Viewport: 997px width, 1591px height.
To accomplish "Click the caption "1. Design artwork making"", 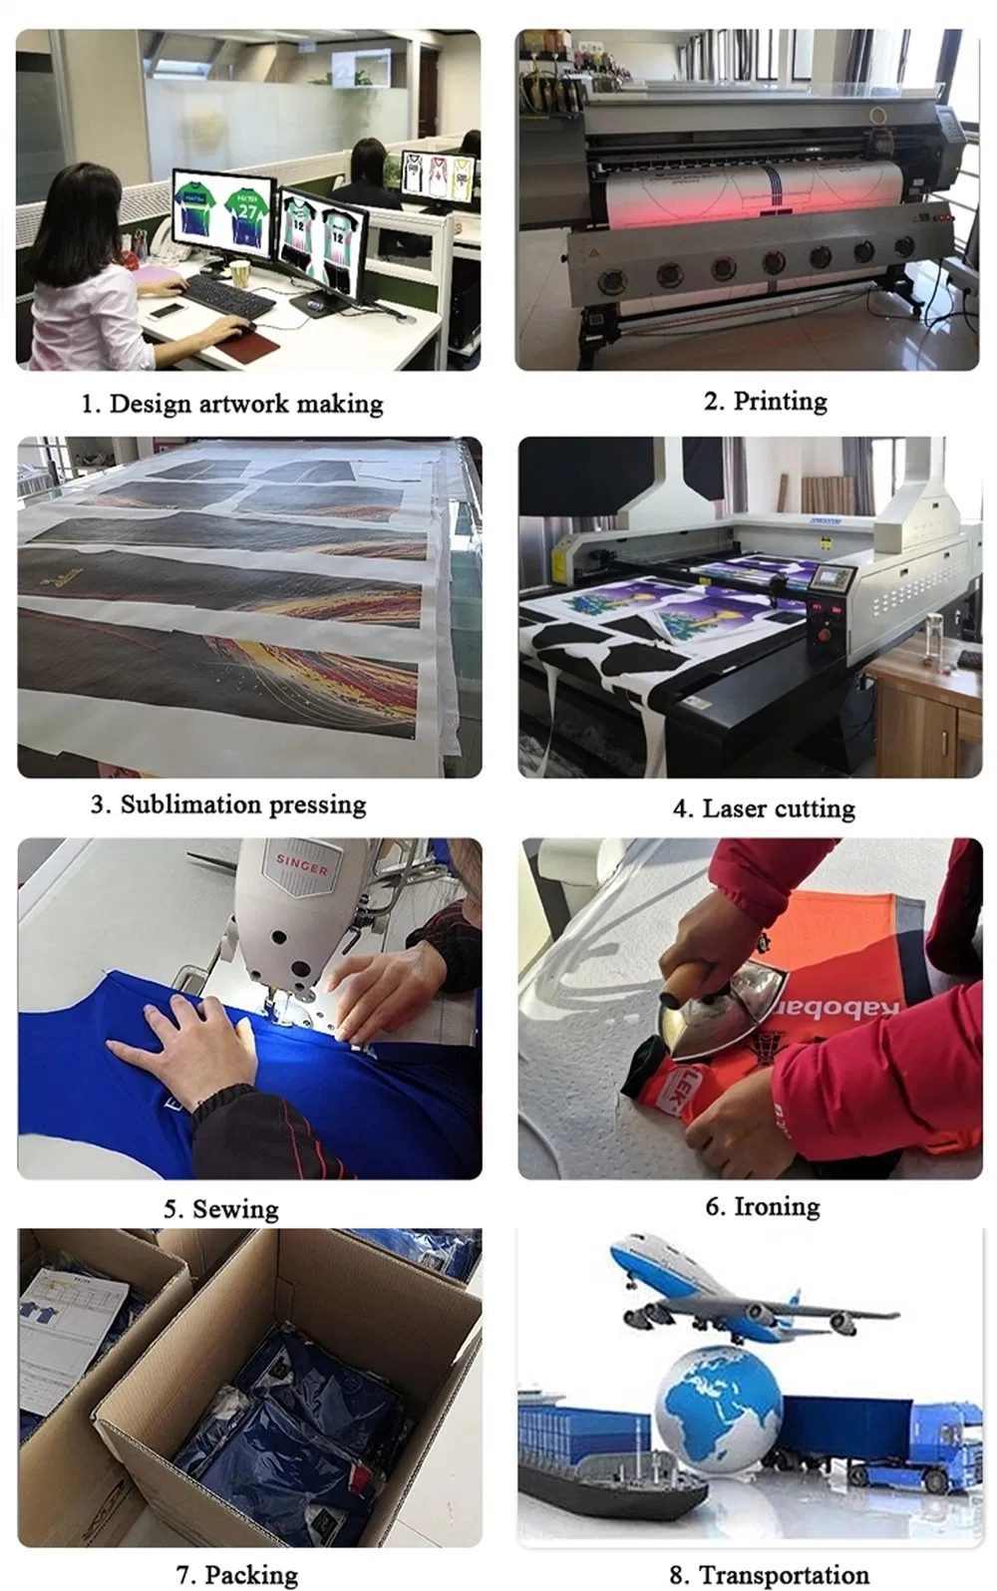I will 231,404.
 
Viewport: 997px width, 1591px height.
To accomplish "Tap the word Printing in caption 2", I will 780,401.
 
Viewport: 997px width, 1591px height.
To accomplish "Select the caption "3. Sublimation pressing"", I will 228,804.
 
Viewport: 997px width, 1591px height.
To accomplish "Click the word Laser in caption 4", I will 734,808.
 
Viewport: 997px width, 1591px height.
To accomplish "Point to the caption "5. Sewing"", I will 220,1209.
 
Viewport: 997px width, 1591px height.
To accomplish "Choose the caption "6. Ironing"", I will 763,1206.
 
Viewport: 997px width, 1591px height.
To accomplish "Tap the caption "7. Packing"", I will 237,1575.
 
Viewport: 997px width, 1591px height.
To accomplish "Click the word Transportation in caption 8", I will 784,1575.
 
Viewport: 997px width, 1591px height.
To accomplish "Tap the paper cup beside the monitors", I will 240,272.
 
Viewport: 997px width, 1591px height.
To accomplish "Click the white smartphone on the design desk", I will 166,311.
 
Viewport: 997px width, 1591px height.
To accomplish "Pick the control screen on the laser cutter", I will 832,578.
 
